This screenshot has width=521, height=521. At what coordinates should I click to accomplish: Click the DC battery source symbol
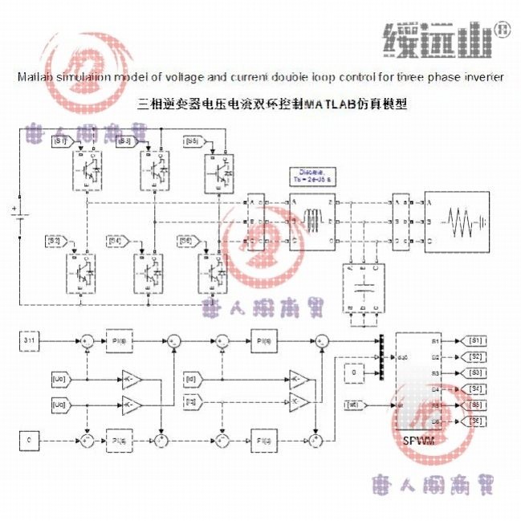click(16, 215)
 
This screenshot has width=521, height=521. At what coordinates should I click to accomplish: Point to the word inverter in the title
click(483, 77)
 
